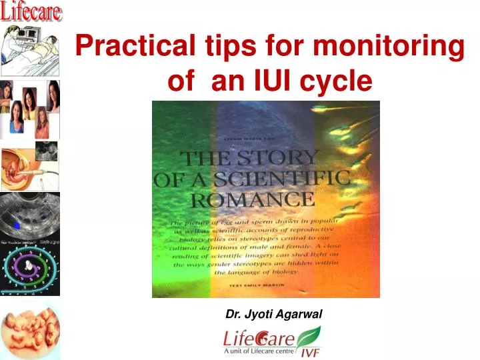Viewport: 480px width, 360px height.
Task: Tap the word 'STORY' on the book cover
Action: click(287, 158)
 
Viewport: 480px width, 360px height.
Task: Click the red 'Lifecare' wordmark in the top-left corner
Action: click(31, 11)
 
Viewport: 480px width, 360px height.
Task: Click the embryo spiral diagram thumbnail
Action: click(30, 267)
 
